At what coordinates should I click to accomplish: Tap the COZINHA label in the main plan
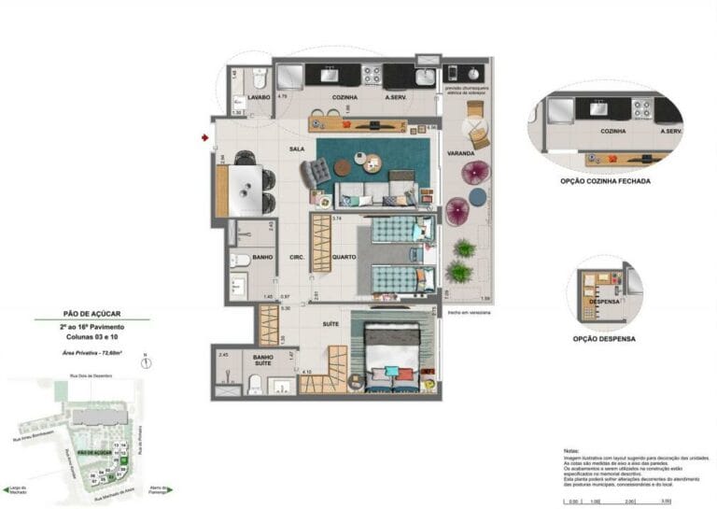coord(344,96)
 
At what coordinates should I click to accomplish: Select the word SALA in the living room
coord(296,148)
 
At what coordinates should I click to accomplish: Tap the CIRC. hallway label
coord(298,258)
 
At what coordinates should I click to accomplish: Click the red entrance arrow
coord(204,138)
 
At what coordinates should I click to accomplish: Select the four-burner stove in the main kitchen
coord(371,74)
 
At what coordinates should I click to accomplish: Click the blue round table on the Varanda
coord(477,197)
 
